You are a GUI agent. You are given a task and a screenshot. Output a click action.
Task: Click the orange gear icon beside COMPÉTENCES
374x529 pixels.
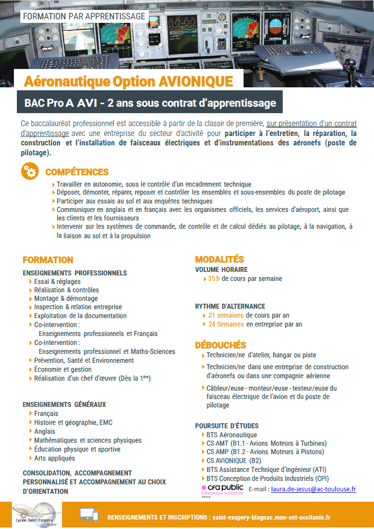[30, 171]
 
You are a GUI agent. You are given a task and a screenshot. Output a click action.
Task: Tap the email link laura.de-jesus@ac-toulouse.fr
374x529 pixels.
[313, 489]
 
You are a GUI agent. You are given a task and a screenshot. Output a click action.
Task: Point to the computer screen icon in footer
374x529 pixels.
[89, 515]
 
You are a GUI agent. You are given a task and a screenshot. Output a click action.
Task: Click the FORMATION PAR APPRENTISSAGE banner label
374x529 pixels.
[84, 16]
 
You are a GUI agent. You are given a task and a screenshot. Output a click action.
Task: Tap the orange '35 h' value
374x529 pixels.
[214, 279]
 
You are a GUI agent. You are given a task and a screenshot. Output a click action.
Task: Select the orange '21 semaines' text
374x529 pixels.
[226, 316]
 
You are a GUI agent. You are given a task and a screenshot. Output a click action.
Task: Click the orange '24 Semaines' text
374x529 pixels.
[226, 325]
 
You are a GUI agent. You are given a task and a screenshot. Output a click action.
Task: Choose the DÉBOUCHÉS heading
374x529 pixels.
[220, 345]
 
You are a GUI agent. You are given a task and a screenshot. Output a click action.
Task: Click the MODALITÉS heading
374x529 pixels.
[219, 259]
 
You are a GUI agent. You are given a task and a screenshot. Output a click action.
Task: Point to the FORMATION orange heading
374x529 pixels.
[48, 260]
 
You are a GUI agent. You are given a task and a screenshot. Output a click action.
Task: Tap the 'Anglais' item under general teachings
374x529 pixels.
[45, 431]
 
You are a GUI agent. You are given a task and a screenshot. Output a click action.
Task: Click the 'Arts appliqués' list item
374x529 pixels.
[55, 458]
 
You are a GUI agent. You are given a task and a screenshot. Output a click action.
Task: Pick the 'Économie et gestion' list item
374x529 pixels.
[62, 369]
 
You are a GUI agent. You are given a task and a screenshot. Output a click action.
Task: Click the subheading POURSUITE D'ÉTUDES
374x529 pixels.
[227, 426]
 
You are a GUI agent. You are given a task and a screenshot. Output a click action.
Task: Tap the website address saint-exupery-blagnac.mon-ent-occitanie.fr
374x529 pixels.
[271, 517]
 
